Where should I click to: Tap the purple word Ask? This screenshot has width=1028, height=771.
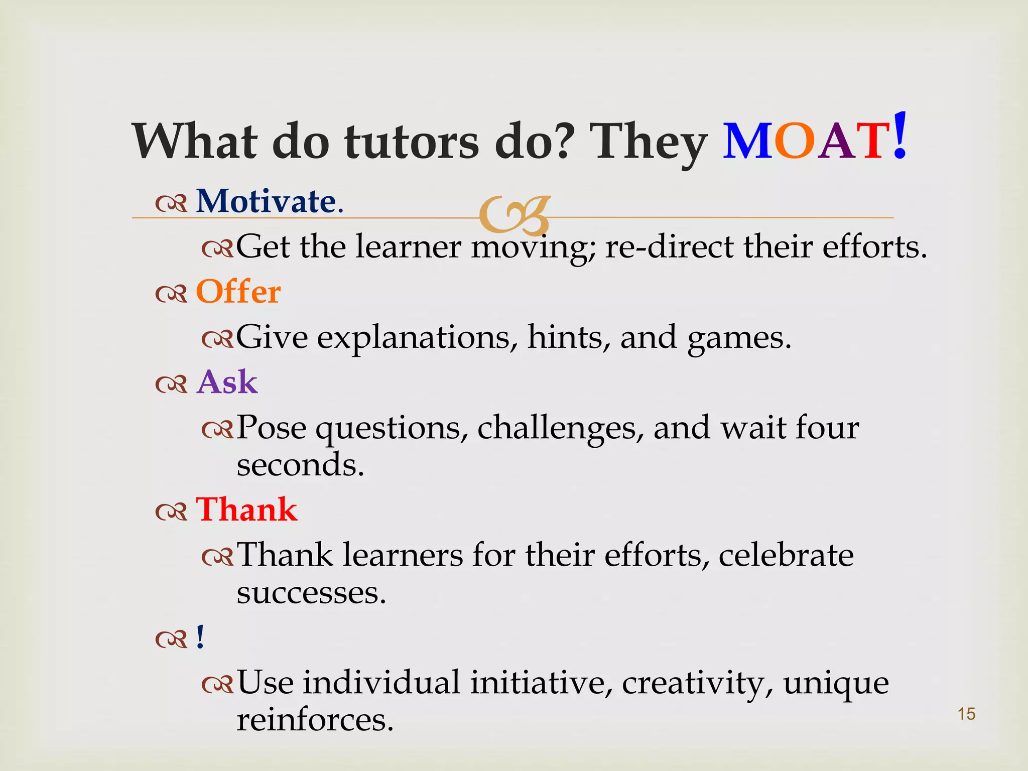(227, 382)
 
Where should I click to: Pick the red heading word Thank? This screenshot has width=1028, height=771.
(246, 509)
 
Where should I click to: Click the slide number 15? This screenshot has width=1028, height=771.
(966, 714)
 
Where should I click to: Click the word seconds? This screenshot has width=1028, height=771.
(300, 465)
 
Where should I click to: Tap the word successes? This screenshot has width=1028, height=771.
(311, 593)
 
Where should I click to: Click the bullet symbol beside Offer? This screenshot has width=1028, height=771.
(171, 294)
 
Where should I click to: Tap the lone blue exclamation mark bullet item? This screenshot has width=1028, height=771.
(200, 637)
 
